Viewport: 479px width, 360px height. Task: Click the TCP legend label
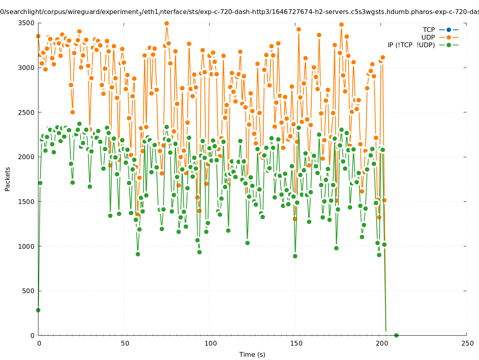click(429, 30)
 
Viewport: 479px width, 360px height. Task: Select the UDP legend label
click(428, 37)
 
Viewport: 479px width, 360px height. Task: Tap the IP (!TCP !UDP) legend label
click(411, 45)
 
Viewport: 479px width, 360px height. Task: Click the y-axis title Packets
click(8, 179)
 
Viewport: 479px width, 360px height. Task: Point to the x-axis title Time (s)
click(252, 354)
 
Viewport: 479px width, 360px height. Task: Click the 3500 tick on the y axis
click(26, 23)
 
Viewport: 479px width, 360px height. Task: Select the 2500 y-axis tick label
click(26, 112)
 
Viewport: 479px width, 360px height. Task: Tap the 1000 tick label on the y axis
click(26, 246)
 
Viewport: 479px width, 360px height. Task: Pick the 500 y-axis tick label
click(27, 291)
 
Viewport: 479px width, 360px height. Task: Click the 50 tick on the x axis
click(125, 343)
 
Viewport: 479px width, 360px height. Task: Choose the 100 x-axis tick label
click(210, 343)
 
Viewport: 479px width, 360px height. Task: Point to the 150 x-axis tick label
click(296, 343)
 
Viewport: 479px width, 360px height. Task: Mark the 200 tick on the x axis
click(381, 343)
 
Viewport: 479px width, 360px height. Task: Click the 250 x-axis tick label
click(467, 343)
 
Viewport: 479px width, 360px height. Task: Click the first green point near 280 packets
click(38, 310)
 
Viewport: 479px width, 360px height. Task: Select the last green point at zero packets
click(396, 335)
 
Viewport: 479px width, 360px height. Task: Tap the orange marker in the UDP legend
click(449, 37)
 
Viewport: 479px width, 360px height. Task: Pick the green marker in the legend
click(449, 45)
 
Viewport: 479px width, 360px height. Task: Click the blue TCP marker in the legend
click(449, 30)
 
